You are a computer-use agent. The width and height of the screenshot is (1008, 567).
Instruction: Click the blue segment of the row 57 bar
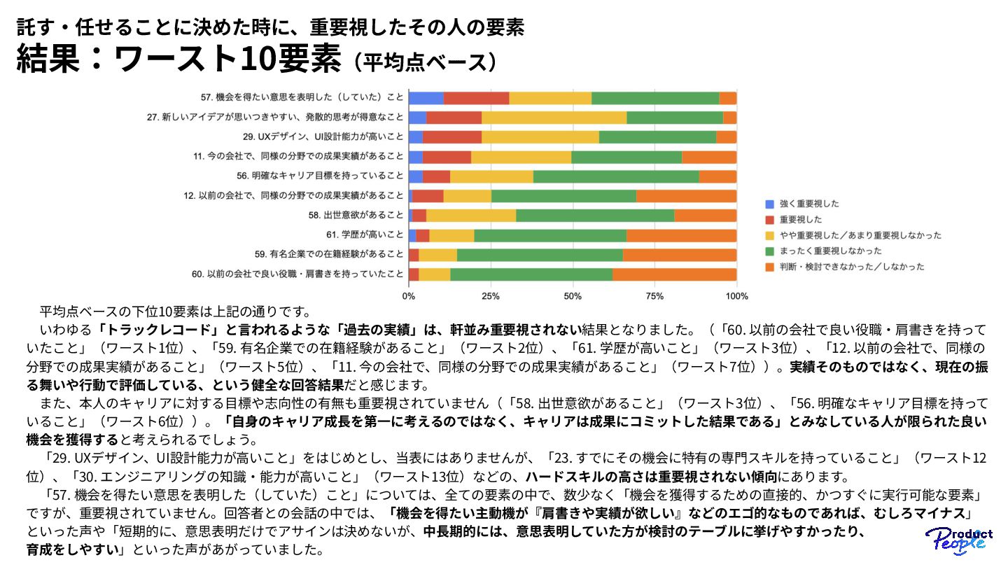coord(426,98)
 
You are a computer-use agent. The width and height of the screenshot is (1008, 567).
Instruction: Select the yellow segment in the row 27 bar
coord(554,118)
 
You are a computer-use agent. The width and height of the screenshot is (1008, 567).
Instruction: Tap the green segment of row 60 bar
coord(531,274)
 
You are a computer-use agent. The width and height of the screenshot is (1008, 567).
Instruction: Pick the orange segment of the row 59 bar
coord(680,254)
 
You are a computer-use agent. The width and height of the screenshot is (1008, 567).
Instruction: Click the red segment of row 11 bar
coord(447,157)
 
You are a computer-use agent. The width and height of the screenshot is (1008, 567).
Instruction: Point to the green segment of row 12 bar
coord(563,196)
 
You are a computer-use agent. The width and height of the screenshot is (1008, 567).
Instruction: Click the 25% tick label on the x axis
coord(491,296)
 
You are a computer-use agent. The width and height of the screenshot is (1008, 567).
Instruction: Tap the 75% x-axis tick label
coord(654,296)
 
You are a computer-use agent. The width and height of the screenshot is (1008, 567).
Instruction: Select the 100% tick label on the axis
coord(736,296)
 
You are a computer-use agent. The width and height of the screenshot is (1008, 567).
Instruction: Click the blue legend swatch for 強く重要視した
coord(770,204)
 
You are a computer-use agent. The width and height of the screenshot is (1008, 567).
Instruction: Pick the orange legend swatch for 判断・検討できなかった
coord(770,267)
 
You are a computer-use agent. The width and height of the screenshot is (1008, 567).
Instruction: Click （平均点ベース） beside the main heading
coord(426,62)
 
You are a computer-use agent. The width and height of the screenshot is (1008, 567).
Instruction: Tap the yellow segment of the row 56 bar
coord(491,176)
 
